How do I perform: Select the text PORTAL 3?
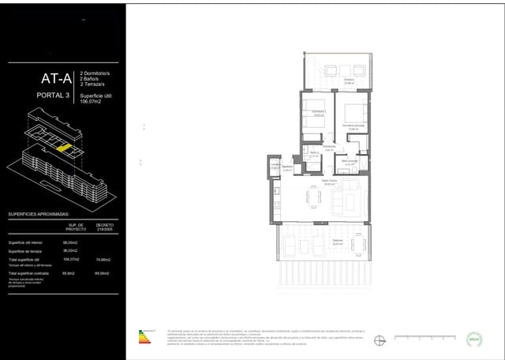click(x=54, y=96)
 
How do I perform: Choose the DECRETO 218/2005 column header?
click(x=105, y=227)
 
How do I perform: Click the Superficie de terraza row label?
click(x=28, y=250)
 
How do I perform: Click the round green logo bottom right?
click(x=474, y=338)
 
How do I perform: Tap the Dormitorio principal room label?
click(x=353, y=125)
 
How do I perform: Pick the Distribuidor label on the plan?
click(x=330, y=147)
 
